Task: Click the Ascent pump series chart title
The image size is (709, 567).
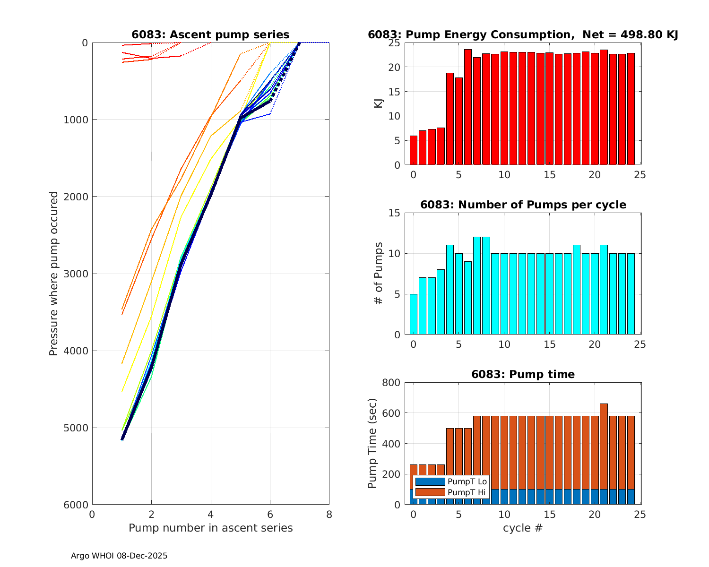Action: tap(210, 34)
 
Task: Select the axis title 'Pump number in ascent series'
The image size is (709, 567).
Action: tap(210, 528)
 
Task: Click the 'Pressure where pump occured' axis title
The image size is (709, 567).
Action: tap(54, 274)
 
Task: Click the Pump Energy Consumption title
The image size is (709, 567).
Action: tap(523, 34)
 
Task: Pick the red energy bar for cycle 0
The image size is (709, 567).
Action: tap(414, 150)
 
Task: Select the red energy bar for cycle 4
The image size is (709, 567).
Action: tap(450, 119)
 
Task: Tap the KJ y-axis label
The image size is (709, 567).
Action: tap(379, 103)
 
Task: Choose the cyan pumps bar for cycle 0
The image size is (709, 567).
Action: tap(414, 314)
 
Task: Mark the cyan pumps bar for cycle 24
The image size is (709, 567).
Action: tap(631, 294)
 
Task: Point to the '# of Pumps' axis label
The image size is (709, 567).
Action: tap(379, 274)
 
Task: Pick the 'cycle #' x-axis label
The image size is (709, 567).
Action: tap(523, 528)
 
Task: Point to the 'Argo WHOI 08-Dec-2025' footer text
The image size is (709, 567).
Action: tap(119, 556)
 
